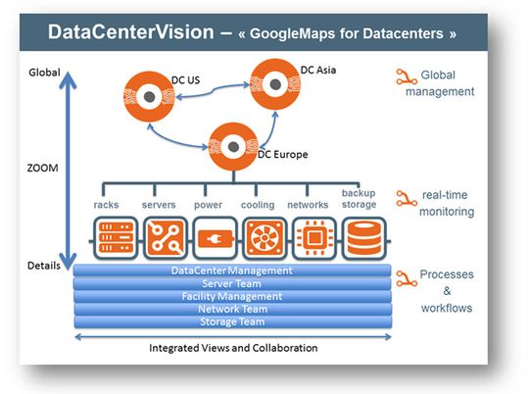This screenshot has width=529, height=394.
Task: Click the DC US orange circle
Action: (x=151, y=99)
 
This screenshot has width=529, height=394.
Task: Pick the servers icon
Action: (x=161, y=237)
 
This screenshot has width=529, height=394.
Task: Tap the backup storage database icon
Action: (x=360, y=237)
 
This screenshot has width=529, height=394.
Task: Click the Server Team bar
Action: (x=231, y=283)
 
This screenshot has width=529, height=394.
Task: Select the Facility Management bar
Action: (x=231, y=296)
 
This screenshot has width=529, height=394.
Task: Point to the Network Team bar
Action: (x=231, y=309)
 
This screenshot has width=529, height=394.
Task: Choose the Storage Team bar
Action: (x=231, y=321)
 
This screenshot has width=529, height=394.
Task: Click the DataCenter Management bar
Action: (x=231, y=271)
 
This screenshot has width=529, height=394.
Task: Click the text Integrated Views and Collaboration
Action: (x=231, y=348)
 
